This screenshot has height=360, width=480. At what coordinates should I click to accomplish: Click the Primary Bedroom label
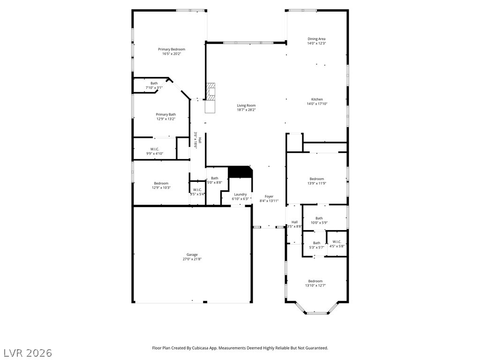[x=172, y=49]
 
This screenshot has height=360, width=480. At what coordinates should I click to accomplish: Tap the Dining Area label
[x=316, y=39]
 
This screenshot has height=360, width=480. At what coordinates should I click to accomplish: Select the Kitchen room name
[x=317, y=99]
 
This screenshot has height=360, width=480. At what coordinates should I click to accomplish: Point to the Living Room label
[x=246, y=105]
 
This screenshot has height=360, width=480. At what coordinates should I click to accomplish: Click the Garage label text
[x=192, y=255]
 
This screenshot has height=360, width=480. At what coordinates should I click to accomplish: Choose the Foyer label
[x=269, y=196]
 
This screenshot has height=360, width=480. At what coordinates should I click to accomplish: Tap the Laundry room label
[x=240, y=195]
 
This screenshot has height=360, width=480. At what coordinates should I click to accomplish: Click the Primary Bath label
[x=166, y=114]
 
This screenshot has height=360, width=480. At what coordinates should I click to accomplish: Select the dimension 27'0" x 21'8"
[x=192, y=259]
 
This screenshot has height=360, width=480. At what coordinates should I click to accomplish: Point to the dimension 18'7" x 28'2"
[x=246, y=110]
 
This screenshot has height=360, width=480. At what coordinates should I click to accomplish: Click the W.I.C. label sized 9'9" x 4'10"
[x=155, y=149]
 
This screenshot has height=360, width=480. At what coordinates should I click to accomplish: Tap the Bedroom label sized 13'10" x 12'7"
[x=315, y=281]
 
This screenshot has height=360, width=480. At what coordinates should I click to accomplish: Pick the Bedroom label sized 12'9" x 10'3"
[x=161, y=183]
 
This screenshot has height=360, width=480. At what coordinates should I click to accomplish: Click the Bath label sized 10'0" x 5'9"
[x=319, y=218]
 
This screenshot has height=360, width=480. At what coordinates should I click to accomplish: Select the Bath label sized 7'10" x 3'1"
[x=154, y=83]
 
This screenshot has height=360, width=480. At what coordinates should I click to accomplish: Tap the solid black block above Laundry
[x=240, y=172]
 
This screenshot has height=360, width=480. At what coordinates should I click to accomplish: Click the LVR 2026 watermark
[x=26, y=353]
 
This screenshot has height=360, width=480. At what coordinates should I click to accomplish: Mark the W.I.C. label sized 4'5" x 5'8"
[x=337, y=242]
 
